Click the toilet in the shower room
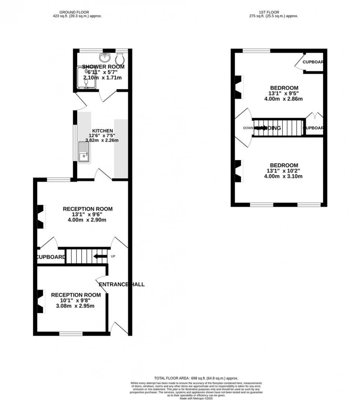coord(120,58)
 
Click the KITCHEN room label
coord(102,131)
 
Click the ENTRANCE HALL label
coord(121,284)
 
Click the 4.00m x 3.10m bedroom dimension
coord(283,176)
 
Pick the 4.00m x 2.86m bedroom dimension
coord(283,99)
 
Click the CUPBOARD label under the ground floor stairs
coord(51,257)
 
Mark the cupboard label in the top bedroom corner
coord(313,62)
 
